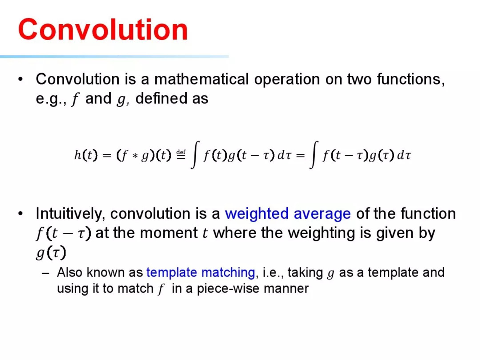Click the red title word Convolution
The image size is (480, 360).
click(103, 29)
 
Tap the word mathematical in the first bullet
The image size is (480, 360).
click(201, 79)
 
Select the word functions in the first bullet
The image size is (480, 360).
click(411, 80)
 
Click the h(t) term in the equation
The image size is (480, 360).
click(86, 155)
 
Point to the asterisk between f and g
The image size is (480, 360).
click(135, 156)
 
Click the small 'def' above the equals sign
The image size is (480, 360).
click(181, 152)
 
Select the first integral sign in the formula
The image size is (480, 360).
click(195, 155)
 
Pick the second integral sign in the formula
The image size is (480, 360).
click(314, 155)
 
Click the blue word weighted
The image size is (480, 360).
click(257, 214)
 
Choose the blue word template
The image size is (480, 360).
click(172, 272)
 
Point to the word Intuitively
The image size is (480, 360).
click(70, 214)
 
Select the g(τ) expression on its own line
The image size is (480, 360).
click(51, 253)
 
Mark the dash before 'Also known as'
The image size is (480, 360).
click(46, 273)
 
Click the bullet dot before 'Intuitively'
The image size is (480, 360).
click(20, 214)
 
